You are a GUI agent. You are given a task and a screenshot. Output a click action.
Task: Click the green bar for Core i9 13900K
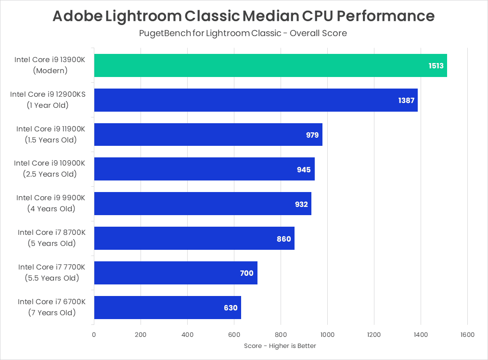270,65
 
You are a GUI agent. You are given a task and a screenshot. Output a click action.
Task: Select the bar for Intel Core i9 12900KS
255,100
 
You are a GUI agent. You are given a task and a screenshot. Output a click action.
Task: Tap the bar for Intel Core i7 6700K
167,308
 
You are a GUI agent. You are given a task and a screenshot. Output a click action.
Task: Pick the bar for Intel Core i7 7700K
175,273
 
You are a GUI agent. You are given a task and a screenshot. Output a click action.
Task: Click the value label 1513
437,65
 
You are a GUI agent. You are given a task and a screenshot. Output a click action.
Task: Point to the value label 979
312,135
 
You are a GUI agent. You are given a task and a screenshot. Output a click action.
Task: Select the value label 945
304,169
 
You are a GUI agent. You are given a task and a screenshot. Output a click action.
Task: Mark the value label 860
284,239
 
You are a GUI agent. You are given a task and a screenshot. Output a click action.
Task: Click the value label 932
301,204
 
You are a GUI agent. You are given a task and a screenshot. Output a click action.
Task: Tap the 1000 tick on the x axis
327,334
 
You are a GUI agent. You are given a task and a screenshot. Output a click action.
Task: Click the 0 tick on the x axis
94,334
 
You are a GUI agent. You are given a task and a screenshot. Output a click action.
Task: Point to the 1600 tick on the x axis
467,334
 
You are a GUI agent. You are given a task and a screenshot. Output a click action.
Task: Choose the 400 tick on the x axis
187,334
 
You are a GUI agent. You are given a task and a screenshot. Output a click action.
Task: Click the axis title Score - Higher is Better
280,346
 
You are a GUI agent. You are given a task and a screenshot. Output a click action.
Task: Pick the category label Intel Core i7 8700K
51,232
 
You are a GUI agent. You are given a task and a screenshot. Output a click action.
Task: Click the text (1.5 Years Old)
51,140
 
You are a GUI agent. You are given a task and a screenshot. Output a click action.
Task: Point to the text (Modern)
51,70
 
